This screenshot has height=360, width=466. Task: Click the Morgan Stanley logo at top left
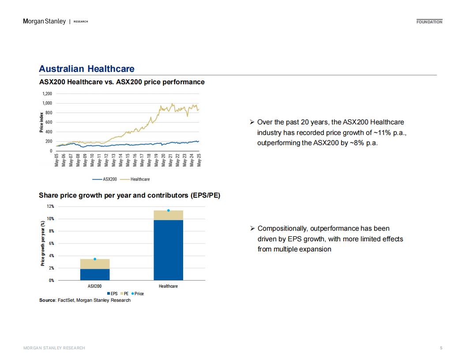tap(44, 21)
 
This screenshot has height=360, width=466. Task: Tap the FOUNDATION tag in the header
tap(429, 22)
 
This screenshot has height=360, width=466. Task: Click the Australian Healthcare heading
tap(86, 69)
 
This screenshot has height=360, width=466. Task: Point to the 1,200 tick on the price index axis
tap(47, 94)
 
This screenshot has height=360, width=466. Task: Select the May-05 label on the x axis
tap(56, 160)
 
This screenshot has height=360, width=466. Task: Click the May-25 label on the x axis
tap(199, 160)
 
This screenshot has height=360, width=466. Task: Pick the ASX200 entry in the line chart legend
tap(105, 180)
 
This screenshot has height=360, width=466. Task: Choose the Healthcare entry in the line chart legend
tap(135, 180)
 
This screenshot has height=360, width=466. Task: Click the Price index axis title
tap(41, 122)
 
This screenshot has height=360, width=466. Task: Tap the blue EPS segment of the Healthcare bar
tap(168, 250)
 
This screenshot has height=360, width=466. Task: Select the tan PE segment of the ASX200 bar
tap(95, 264)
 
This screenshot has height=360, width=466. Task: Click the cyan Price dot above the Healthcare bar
tap(168, 210)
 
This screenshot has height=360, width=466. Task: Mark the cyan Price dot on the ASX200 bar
tap(95, 259)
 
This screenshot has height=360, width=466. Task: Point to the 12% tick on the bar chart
tap(50, 206)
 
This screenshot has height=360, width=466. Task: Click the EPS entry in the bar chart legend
tap(113, 294)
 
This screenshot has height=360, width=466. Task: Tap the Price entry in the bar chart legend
tap(138, 294)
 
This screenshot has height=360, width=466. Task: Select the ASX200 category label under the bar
tap(94, 286)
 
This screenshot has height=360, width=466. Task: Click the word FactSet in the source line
tap(66, 300)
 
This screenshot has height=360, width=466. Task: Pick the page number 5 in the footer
tap(441, 348)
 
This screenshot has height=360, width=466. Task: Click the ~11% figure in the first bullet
tap(382, 133)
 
